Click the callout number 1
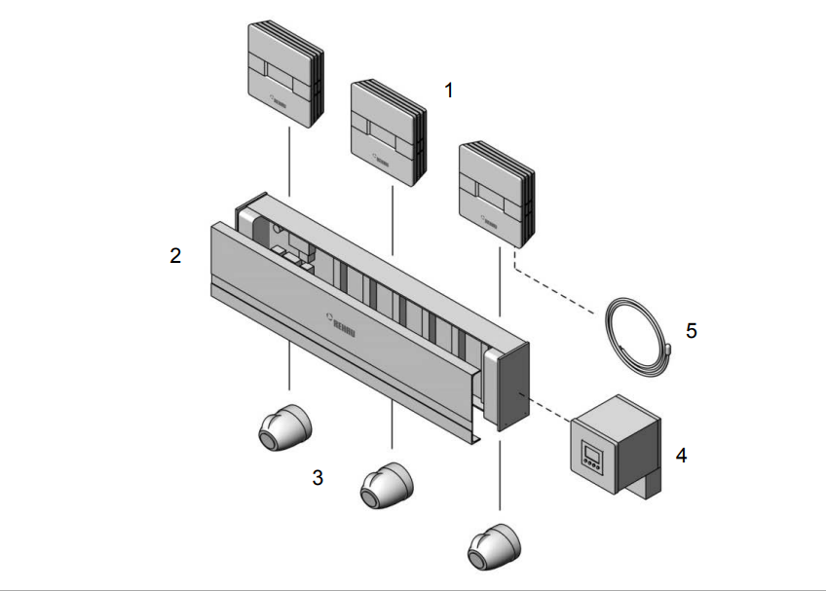click(x=449, y=90)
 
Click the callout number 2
click(x=175, y=256)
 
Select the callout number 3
click(x=318, y=477)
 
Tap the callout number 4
click(x=681, y=455)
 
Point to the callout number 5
click(x=692, y=330)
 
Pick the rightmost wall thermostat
click(x=495, y=194)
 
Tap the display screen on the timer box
click(x=594, y=451)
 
